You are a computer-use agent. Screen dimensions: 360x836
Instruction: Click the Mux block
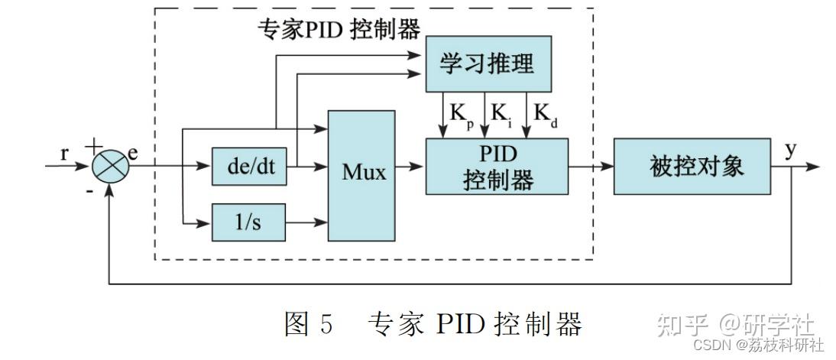coord(362,175)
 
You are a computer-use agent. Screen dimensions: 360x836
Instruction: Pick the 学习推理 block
coord(488,65)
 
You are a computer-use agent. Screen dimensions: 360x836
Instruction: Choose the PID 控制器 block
coord(497,167)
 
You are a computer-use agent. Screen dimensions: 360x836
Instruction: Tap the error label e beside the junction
coord(134,152)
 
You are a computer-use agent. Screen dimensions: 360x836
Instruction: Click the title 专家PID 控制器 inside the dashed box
coord(340,29)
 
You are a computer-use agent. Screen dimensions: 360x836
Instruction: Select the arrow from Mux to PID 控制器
coord(410,166)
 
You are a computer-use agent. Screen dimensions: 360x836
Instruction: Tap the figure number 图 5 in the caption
coord(309,324)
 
